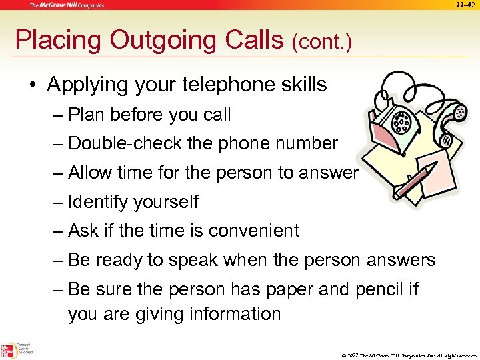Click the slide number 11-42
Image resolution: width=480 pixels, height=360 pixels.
click(465, 5)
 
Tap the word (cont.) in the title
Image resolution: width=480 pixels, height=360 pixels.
click(321, 42)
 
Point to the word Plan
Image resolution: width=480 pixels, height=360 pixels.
click(89, 115)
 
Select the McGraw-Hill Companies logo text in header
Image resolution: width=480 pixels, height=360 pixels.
click(66, 5)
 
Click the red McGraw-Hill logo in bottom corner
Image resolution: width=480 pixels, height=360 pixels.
click(9, 349)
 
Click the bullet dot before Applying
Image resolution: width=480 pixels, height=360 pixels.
click(32, 85)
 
